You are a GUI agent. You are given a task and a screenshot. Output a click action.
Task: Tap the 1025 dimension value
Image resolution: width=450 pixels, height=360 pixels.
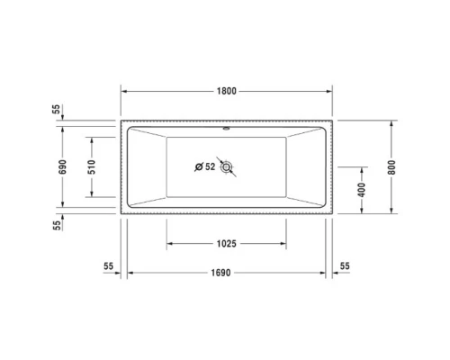pyautogui.click(x=226, y=244)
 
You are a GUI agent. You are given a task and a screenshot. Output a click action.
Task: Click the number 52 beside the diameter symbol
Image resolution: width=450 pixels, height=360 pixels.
pyautogui.click(x=211, y=166)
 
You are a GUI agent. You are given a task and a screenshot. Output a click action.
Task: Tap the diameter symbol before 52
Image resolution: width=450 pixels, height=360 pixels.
pyautogui.click(x=199, y=166)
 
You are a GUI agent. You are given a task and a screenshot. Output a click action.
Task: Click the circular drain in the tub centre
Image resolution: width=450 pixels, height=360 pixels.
pyautogui.click(x=227, y=166)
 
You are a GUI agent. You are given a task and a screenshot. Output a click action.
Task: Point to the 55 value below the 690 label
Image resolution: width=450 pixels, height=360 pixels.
pyautogui.click(x=57, y=226)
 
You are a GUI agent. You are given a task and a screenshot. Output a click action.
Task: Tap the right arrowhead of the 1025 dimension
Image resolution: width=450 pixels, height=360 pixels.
pyautogui.click(x=285, y=244)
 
